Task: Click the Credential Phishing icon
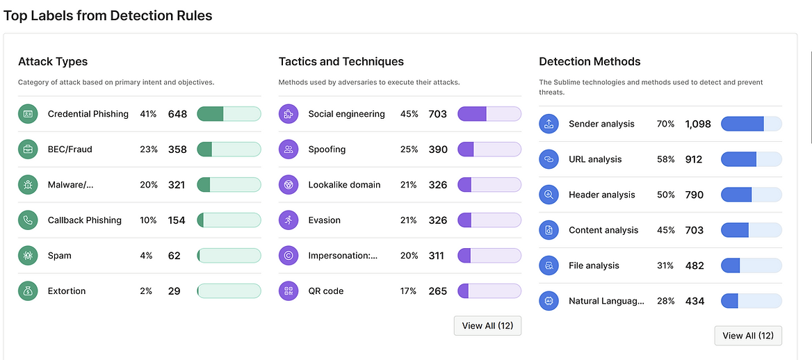coord(28,114)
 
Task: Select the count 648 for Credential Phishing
coord(177,114)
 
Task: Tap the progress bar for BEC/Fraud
coord(229,149)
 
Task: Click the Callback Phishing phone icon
coord(28,220)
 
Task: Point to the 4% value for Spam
coord(146,256)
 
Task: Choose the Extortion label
coord(67,291)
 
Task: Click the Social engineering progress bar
coord(489,114)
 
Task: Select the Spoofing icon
coord(289,149)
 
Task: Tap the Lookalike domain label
coord(344,185)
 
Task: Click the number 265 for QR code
coord(438,291)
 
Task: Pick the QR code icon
coord(289,291)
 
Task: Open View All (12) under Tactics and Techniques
coord(487,326)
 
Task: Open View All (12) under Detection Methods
coord(748,336)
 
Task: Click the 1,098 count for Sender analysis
coord(698,124)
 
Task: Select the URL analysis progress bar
coord(751,159)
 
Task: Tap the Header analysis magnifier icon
coord(549,195)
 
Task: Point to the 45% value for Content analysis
coord(665,230)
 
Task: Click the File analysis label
coord(594,265)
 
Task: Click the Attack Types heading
coord(53,62)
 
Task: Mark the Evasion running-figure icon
coord(289,220)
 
